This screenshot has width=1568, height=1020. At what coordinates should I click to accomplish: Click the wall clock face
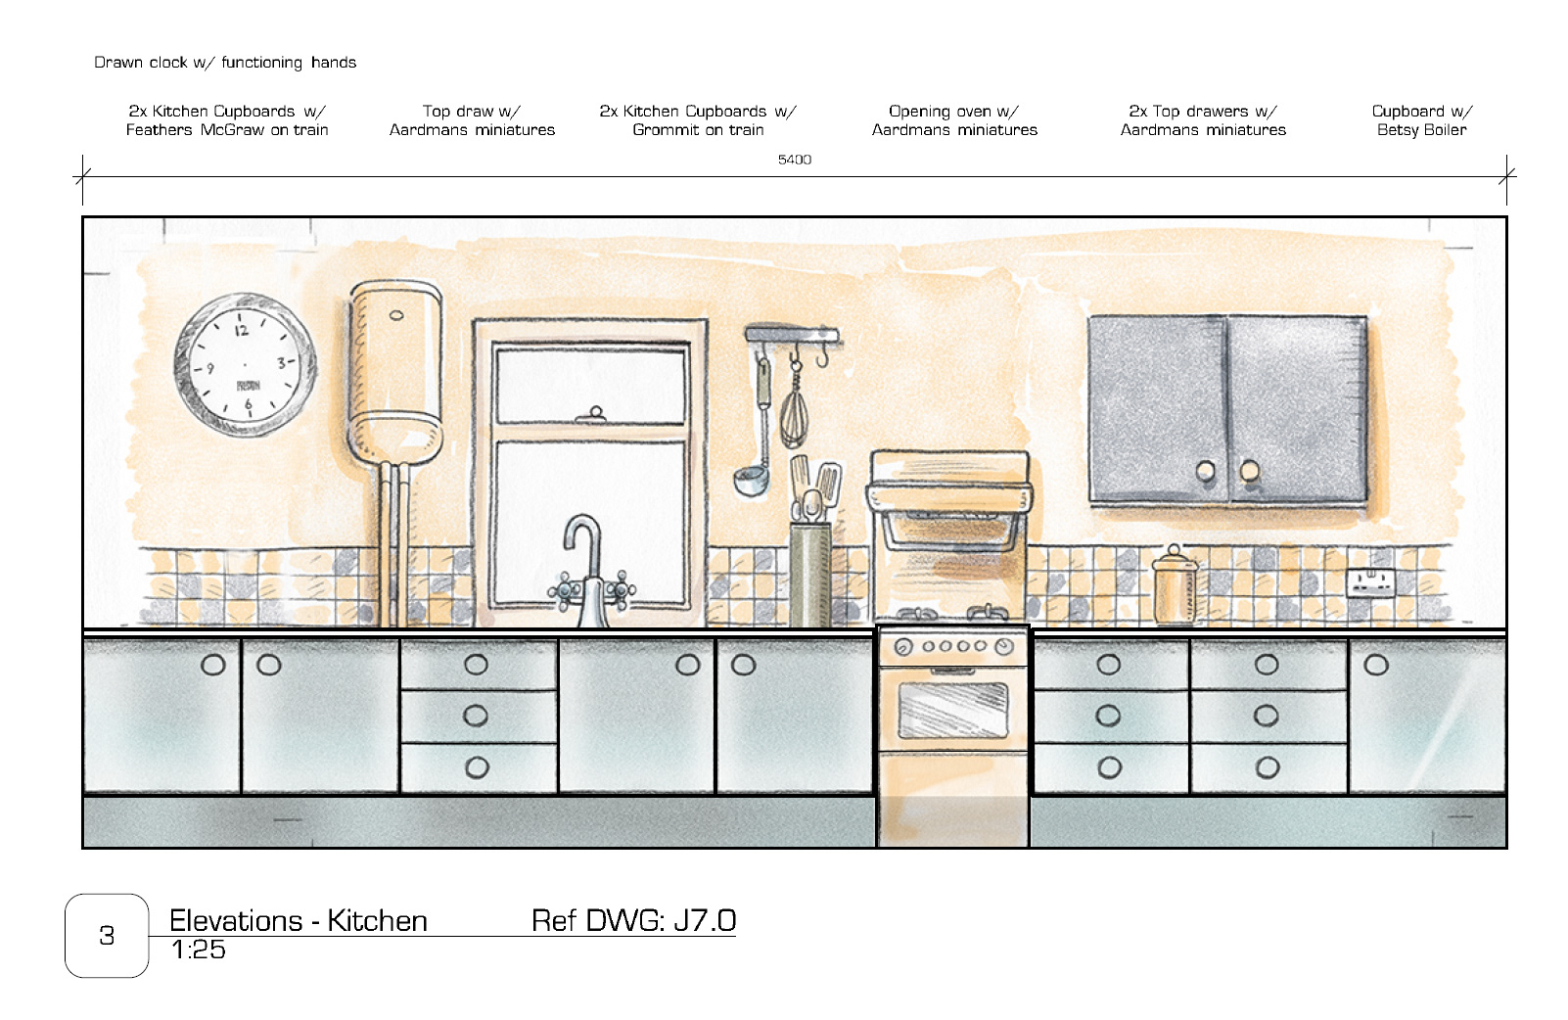click(x=245, y=364)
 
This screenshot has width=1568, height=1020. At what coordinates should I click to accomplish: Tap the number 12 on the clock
click(x=241, y=330)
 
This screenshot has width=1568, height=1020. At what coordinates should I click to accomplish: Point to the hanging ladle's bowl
click(x=749, y=481)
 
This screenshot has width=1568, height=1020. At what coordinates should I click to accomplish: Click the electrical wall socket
click(x=1370, y=582)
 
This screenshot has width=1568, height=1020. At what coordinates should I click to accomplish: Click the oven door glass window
click(x=952, y=710)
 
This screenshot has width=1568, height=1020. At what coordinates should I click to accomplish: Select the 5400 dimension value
click(x=795, y=160)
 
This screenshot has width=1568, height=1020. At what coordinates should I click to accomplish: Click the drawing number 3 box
click(x=107, y=936)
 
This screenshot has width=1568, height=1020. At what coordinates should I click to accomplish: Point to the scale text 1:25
click(x=198, y=950)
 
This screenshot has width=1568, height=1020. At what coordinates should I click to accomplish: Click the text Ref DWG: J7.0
click(x=633, y=920)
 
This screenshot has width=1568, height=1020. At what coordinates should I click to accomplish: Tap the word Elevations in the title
click(x=236, y=920)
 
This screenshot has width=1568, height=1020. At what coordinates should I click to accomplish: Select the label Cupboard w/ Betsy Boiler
click(x=1421, y=120)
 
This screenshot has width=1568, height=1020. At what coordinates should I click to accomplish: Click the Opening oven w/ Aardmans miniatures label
click(x=954, y=120)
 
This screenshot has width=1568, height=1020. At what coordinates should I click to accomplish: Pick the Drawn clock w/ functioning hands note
click(x=225, y=63)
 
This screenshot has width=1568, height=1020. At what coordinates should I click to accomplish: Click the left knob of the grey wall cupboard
click(x=1206, y=471)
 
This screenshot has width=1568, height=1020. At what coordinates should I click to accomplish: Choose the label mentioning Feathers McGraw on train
click(x=227, y=120)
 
